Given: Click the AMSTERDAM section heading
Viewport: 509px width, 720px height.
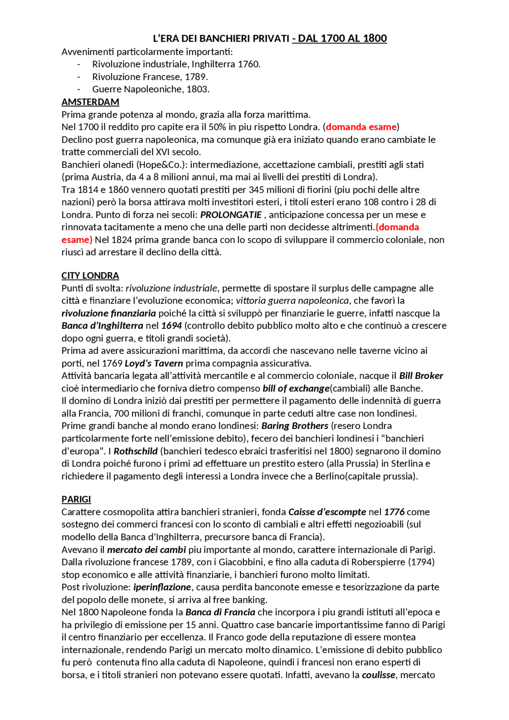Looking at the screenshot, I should [90, 102].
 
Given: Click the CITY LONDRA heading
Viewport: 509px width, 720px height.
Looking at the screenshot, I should [90, 276].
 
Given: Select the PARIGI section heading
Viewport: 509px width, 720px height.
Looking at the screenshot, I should [76, 499].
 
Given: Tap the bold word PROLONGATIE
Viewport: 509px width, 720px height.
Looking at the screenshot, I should [231, 215].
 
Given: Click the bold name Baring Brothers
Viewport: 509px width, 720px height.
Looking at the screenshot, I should [295, 426].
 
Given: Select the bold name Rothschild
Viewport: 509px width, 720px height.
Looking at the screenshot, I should [136, 451].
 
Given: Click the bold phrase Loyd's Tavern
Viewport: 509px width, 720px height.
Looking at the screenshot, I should [154, 363].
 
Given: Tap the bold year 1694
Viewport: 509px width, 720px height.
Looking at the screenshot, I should [171, 326].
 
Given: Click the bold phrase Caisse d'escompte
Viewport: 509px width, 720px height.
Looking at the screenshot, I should [327, 512].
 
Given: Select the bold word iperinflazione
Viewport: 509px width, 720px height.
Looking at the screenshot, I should [162, 587].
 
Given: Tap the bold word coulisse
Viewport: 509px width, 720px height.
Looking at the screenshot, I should [378, 675].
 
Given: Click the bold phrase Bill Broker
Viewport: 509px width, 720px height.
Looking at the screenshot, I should [421, 376].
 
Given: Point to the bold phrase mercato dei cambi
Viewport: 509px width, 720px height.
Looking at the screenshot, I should [146, 549].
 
